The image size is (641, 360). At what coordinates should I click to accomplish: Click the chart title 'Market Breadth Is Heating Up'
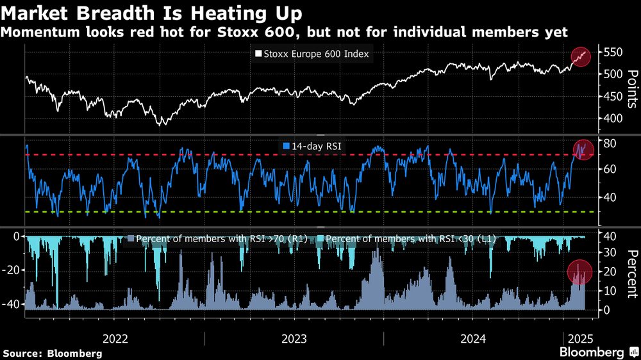coord(153,12)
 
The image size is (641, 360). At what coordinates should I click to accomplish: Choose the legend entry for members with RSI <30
coord(410,239)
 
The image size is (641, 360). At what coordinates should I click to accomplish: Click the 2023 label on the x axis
coord(294,339)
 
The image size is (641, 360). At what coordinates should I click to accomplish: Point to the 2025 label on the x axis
coord(579,339)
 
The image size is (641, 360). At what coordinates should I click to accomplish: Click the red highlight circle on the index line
coord(581,56)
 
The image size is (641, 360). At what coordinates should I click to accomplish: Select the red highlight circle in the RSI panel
coord(583,150)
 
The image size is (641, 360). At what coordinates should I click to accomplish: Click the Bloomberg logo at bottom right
coord(596,352)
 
